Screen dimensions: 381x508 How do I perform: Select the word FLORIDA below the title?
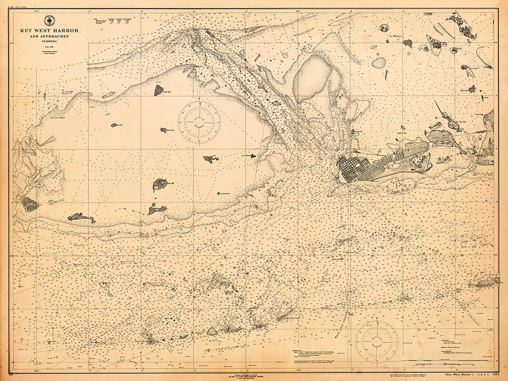click(49, 41)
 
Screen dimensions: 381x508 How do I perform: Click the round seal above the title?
click(49, 20)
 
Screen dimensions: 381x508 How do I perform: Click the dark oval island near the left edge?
click(30, 204)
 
